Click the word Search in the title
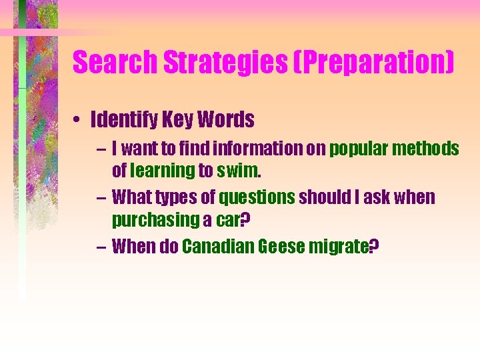point(115,62)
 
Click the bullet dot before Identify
point(78,121)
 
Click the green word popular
point(360,149)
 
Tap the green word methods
point(426,149)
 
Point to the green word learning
point(162,171)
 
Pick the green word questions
point(257,197)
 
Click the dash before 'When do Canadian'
point(101,247)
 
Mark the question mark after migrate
point(374,247)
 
